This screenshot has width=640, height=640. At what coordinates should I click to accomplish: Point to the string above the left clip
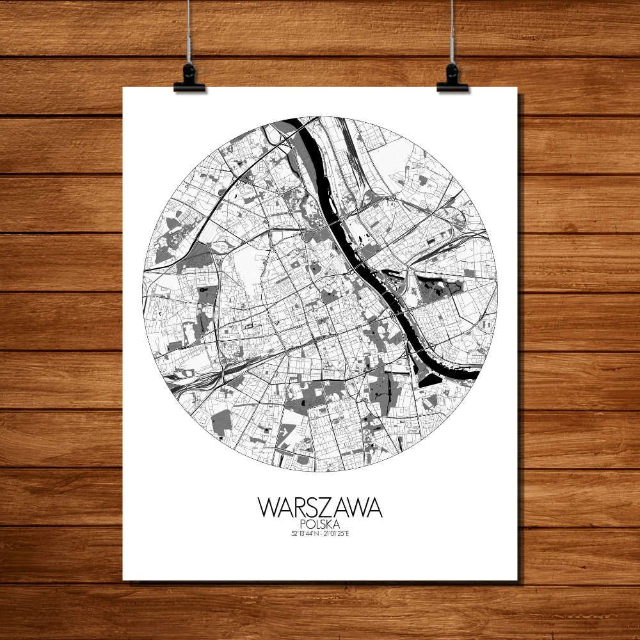189,32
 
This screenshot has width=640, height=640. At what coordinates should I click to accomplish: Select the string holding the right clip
452,32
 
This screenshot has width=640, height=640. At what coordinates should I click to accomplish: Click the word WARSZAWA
320,508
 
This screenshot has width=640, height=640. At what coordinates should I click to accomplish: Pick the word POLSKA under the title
320,524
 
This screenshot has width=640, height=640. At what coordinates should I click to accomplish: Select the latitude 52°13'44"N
304,534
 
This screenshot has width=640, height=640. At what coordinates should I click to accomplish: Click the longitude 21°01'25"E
337,534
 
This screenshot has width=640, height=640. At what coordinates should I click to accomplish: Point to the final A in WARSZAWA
374,508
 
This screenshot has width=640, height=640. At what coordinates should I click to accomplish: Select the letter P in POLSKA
302,524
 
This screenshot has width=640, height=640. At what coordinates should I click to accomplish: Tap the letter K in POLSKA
328,524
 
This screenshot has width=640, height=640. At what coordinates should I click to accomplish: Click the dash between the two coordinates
320,534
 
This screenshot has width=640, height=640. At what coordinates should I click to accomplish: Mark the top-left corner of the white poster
124,88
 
